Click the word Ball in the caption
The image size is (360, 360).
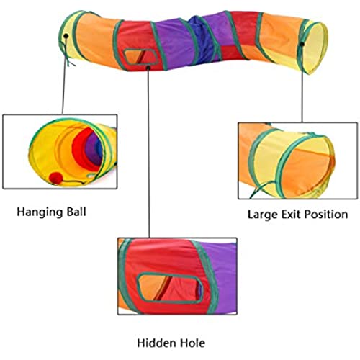pos(76,212)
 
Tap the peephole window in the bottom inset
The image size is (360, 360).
pos(170,288)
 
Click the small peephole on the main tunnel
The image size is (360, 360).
pos(141,57)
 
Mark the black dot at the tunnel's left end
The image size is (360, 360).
pos(66,36)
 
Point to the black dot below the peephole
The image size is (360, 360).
pos(148,68)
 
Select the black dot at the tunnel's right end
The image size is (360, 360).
pos(302,44)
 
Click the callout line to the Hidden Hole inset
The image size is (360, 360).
pos(148,153)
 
